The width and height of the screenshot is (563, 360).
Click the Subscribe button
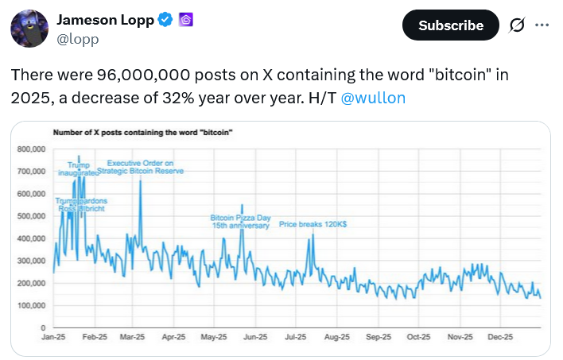pyautogui.click(x=451, y=25)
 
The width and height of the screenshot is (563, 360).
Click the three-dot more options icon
pyautogui.click(x=542, y=25)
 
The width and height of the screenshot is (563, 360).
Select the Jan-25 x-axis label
pyautogui.click(x=54, y=338)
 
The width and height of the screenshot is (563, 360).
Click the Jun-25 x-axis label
pyautogui.click(x=254, y=338)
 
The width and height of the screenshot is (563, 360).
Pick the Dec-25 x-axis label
pyautogui.click(x=499, y=338)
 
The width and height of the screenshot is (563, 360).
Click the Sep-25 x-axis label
pyautogui.click(x=378, y=338)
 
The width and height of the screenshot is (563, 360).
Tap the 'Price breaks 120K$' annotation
pyautogui.click(x=313, y=224)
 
